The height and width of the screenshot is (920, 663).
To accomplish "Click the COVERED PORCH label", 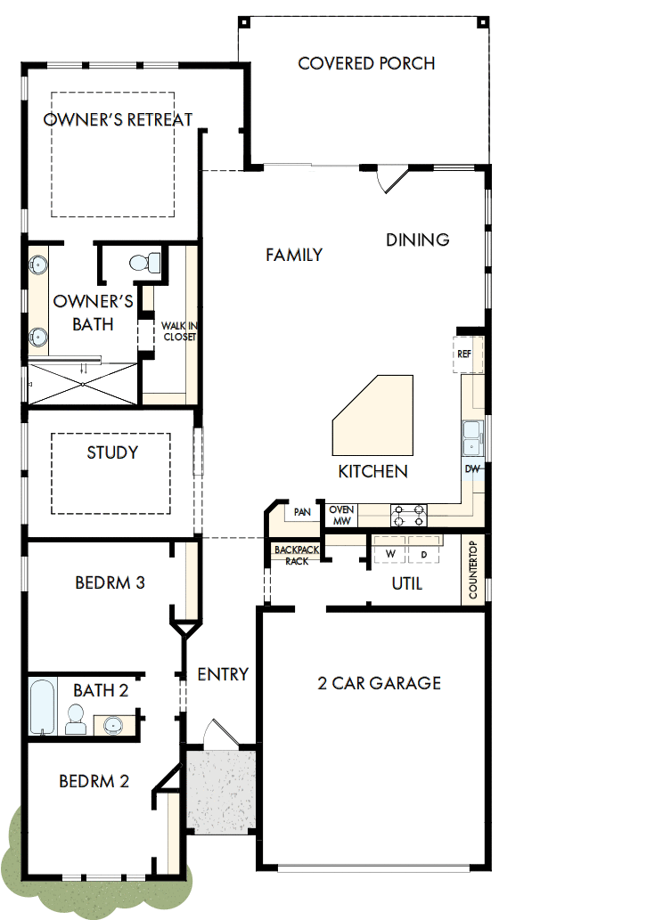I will click(x=366, y=64).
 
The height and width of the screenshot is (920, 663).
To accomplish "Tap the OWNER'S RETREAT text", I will click(x=119, y=119).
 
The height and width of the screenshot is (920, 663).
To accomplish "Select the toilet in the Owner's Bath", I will click(x=145, y=263).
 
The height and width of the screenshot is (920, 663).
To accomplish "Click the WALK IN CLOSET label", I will click(x=178, y=331).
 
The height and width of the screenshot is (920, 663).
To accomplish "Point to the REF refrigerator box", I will click(x=465, y=354).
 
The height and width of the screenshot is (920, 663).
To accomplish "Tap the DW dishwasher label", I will click(x=472, y=468).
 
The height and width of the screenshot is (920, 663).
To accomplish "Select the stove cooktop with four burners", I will click(x=409, y=515).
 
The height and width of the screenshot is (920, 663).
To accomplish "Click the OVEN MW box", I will click(x=341, y=515).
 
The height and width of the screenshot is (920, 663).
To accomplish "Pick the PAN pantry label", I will click(x=302, y=513).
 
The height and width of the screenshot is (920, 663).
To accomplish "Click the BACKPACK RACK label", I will click(x=291, y=556).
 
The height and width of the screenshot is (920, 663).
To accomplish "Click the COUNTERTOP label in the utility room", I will click(x=473, y=571).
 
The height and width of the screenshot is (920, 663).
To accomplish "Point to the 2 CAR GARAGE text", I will click(x=380, y=683).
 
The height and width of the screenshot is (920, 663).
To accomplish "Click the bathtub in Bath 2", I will click(x=43, y=707).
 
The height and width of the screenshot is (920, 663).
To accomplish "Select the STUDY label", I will click(x=112, y=452).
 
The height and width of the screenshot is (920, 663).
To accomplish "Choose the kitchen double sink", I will click(x=472, y=436).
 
